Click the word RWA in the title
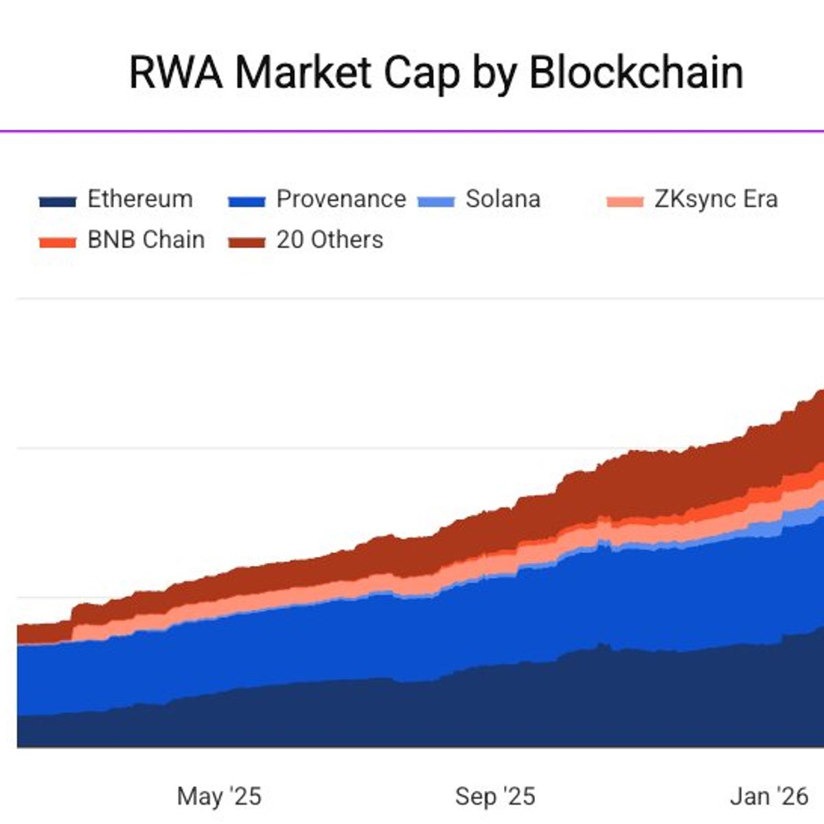176,72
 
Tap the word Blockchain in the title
636,72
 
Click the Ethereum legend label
140,199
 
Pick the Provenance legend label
341,199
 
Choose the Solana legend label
503,199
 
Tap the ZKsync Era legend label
716,199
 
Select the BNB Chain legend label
146,240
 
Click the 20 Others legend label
330,240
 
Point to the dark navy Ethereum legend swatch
58,202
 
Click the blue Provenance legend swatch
247,202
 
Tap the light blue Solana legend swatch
436,202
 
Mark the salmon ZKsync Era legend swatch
625,202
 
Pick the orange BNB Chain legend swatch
58,242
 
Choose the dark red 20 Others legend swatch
247,242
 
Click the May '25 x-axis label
219,797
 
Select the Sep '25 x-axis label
494,797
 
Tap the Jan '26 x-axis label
769,797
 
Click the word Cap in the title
422,72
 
